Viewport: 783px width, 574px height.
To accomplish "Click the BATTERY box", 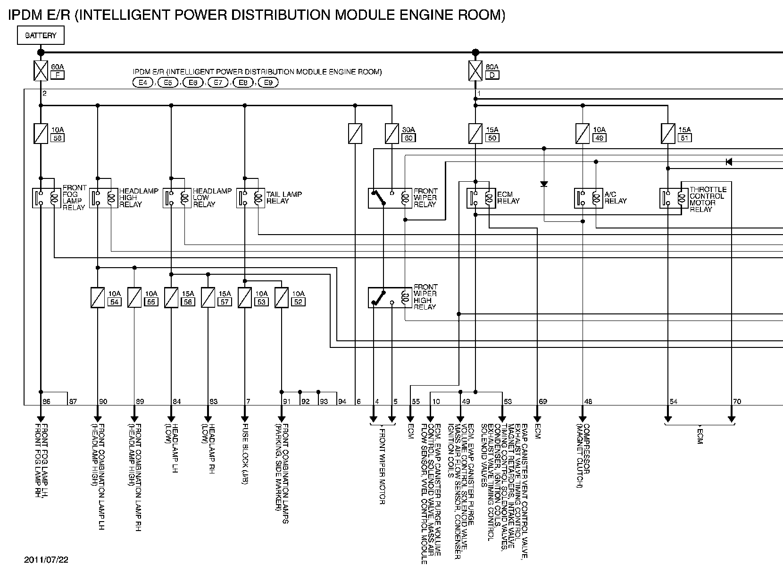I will click(41, 35).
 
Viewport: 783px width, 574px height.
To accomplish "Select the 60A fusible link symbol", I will click(41, 71).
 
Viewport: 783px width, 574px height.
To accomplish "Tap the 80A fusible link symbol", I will click(475, 71).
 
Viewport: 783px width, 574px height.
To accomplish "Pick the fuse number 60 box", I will click(408, 138).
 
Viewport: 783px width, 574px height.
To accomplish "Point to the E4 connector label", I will click(143, 83).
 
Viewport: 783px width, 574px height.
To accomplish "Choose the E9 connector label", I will click(268, 83).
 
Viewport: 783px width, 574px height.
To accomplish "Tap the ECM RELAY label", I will click(508, 197).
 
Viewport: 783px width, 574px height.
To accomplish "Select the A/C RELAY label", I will click(616, 197).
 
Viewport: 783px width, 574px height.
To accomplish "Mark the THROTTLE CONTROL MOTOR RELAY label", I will click(708, 199).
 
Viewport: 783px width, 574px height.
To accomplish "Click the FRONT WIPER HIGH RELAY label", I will click(425, 296).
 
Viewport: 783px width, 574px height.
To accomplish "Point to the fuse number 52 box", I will click(298, 302).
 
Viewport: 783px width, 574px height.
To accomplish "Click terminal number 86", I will click(46, 402).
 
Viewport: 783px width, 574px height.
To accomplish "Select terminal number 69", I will click(543, 402).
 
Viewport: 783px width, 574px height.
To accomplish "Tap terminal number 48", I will click(588, 402).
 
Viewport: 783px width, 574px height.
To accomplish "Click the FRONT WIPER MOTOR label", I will click(383, 465).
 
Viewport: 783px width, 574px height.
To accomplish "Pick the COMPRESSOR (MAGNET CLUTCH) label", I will click(583, 456).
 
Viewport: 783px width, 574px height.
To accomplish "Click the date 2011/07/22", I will click(46, 560).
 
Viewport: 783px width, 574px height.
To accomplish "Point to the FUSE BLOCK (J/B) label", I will click(245, 454).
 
